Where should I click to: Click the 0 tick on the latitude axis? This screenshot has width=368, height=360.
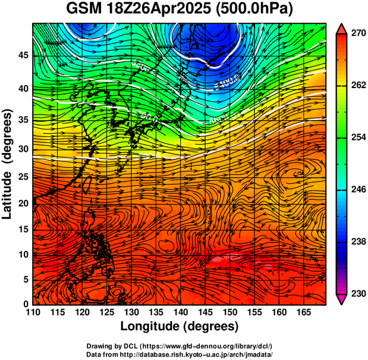26,304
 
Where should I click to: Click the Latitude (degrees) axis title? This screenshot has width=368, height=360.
8,164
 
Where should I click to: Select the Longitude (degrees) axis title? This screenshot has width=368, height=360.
180,326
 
